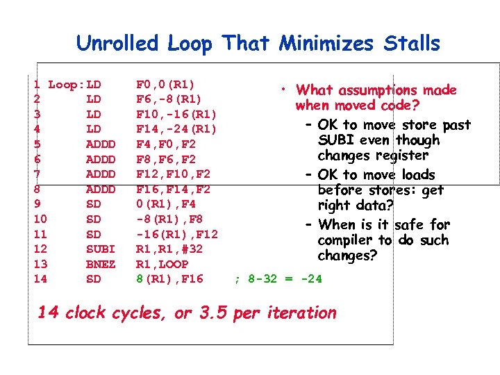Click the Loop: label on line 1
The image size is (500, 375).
66,85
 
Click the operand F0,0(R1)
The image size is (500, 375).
165,85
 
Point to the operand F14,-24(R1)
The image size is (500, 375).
176,129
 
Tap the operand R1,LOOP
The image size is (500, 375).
162,264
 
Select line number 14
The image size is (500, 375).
40,279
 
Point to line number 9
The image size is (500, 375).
37,204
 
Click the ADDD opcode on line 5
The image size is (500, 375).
100,144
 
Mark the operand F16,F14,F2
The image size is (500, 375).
173,189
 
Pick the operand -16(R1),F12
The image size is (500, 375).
176,234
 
